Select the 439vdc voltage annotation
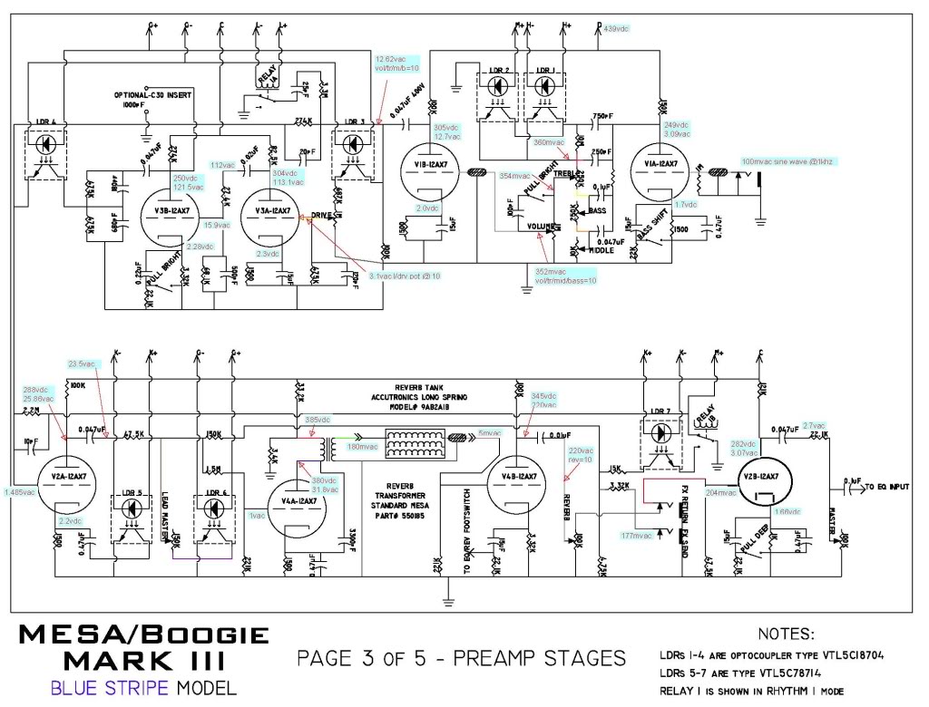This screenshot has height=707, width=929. (x=614, y=29)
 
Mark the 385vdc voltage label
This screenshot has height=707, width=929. (x=318, y=420)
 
